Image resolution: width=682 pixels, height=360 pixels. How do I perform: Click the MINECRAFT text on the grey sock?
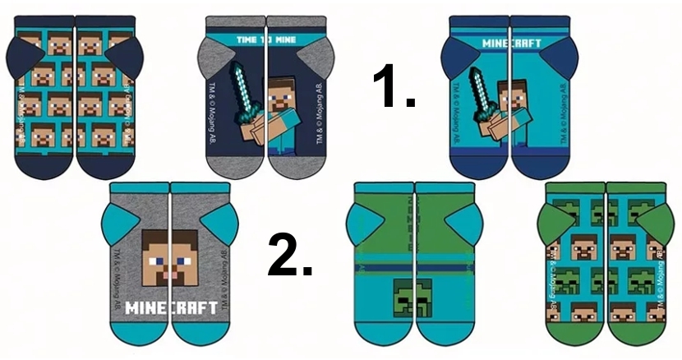(x=172, y=308)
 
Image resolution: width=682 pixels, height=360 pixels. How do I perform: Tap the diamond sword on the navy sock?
(x=242, y=91)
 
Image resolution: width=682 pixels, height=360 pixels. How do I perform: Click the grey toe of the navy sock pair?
(x=265, y=165)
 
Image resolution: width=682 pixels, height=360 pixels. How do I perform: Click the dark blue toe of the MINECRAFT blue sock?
(x=510, y=164)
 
